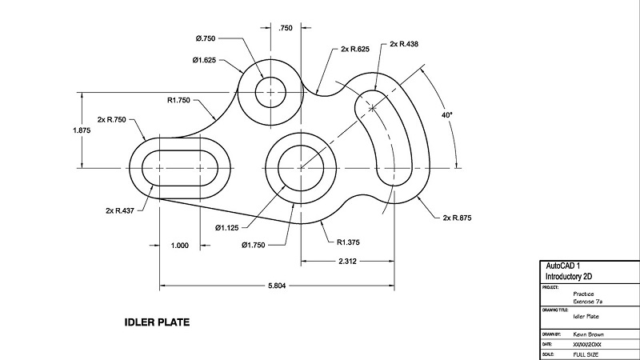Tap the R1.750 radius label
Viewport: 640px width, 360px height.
coord(183,101)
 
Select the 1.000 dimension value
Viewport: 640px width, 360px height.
coord(180,246)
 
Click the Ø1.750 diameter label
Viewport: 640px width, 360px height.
coord(258,246)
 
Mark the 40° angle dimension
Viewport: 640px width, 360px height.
coord(446,115)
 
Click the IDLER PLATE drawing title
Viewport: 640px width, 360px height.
coord(157,323)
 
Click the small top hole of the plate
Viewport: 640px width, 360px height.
coord(270,91)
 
